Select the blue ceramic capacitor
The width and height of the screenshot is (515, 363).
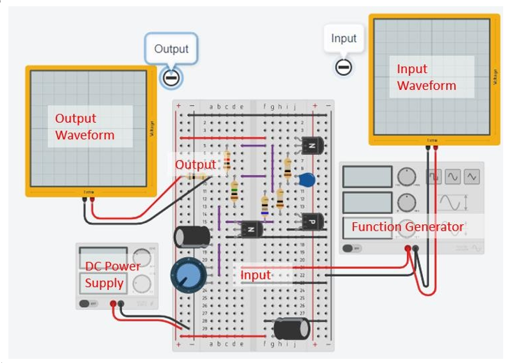point(306,180)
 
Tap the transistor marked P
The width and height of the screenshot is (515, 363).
point(312,222)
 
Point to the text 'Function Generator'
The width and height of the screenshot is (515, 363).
point(407,227)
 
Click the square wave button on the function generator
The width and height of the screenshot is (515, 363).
point(433,177)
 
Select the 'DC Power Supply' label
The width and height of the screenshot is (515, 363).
point(112,275)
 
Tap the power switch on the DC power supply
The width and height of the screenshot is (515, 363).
point(89,303)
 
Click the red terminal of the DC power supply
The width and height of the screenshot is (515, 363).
point(113,304)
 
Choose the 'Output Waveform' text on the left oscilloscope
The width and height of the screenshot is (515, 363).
point(85,126)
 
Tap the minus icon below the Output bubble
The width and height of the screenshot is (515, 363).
point(171,77)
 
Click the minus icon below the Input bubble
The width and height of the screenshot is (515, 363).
point(343,67)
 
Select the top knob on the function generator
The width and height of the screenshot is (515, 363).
point(406,177)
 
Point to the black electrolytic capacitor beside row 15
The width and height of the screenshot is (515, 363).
point(192,236)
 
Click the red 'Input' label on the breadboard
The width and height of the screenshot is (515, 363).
point(255,275)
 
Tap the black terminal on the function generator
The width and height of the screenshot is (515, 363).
point(416,248)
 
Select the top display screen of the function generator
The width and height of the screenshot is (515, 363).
point(367,177)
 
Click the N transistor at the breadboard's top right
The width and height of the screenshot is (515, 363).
point(310,146)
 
